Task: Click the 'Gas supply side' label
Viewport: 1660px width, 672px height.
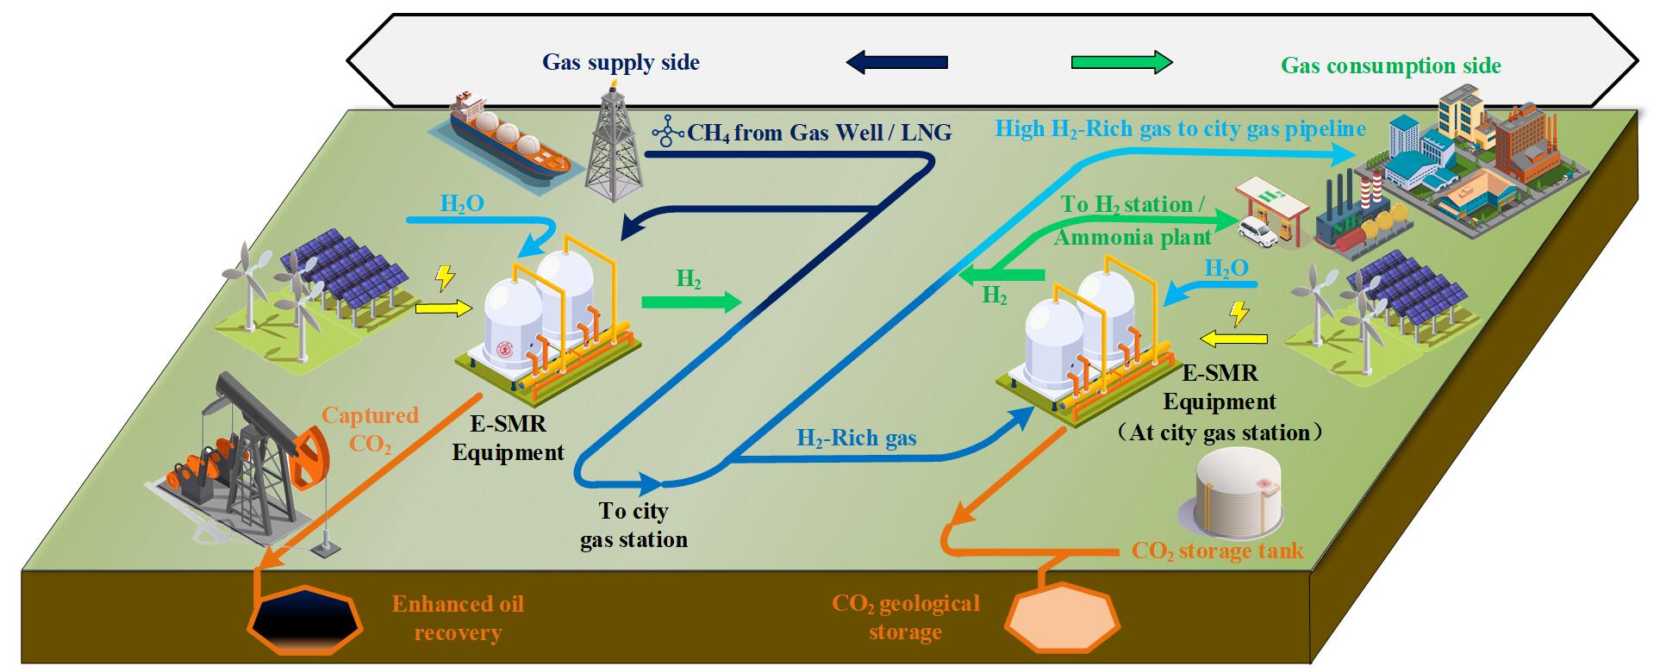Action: pos(621,62)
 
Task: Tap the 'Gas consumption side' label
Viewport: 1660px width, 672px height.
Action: pos(1390,65)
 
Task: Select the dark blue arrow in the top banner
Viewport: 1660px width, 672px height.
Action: pos(896,62)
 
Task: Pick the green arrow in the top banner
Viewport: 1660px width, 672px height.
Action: pos(1121,62)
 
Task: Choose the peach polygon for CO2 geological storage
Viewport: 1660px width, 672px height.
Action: pos(1063,619)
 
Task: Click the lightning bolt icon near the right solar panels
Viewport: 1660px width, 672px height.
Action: pos(1239,312)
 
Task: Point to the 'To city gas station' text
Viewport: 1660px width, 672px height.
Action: pos(633,525)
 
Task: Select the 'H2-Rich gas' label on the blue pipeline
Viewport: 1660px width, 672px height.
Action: pos(856,439)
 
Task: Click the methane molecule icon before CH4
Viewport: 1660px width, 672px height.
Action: pos(667,132)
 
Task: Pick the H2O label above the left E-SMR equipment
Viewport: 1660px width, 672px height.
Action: pos(462,204)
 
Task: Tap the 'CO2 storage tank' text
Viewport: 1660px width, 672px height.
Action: pos(1217,551)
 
